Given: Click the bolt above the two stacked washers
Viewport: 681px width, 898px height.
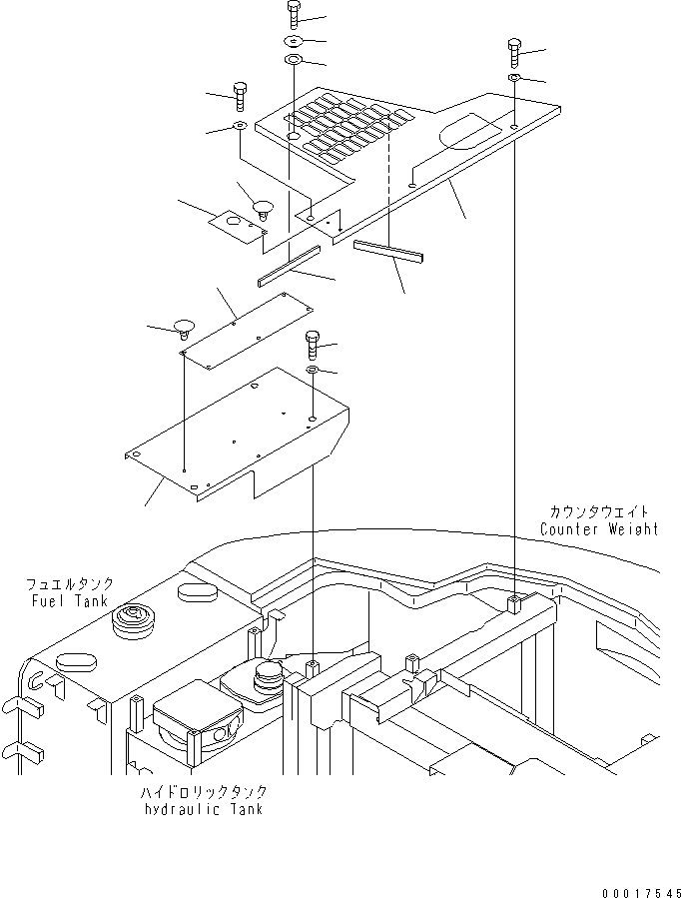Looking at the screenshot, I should (x=293, y=14).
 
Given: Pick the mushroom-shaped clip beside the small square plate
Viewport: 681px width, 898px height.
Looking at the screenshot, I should (x=263, y=209).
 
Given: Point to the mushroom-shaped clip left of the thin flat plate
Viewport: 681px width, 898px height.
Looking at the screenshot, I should (x=183, y=328).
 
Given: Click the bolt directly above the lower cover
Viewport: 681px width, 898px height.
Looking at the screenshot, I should (x=313, y=344).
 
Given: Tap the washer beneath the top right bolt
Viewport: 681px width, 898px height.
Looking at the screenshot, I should (x=513, y=78).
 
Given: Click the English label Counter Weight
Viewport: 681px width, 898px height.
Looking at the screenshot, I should (x=599, y=529).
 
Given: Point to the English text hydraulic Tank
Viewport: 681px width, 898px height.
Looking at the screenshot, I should (x=203, y=808).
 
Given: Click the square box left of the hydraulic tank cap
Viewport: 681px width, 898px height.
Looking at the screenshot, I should (x=195, y=721).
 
